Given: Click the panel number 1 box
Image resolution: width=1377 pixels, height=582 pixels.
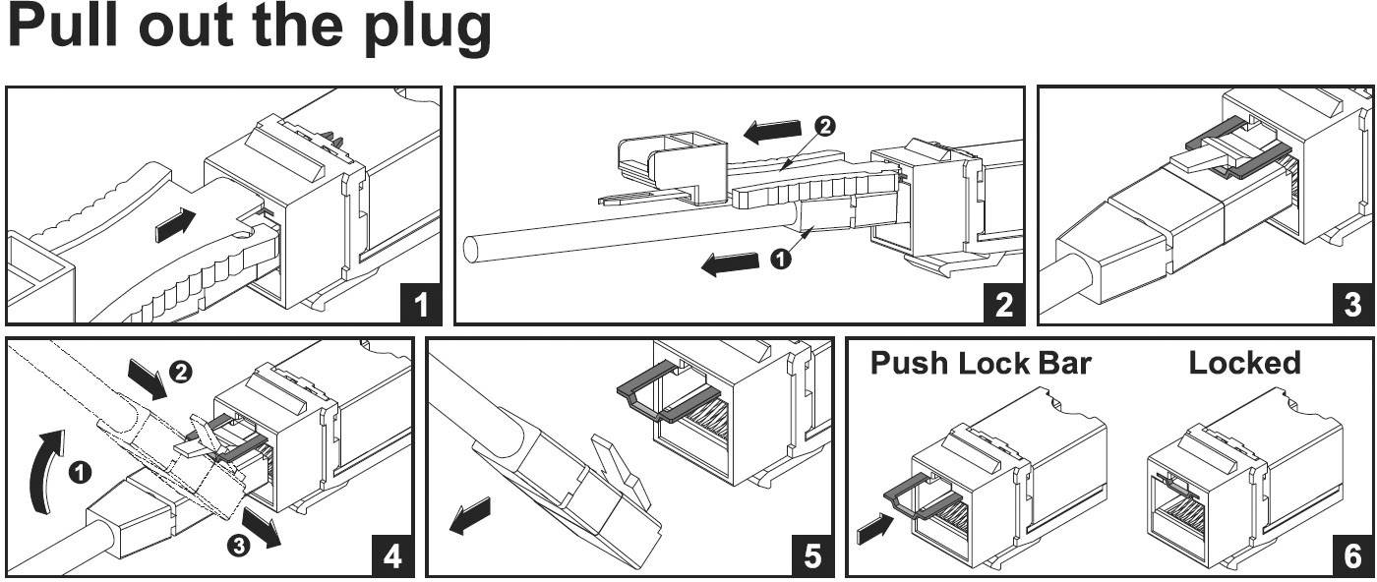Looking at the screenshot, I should pos(421,305).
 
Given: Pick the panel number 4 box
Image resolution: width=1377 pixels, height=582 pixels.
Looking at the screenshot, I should pos(391,556).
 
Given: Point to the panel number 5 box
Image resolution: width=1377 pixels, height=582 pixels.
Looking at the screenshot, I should pos(811,556).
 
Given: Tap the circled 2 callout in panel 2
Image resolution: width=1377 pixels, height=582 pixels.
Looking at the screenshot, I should pos(825,126).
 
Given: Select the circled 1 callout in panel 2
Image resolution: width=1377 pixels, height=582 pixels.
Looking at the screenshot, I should pos(780,259).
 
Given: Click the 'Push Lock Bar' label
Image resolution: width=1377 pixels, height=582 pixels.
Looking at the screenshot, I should pos(980,363).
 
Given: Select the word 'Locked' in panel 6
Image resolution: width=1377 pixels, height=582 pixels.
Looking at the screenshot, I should pos(1244,363).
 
